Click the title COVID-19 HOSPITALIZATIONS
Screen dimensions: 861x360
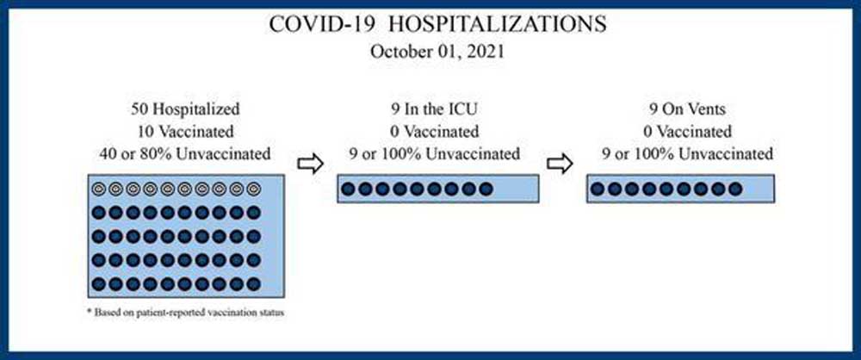[437, 25]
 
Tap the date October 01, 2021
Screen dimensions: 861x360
[437, 53]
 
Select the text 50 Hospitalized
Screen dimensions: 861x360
[186, 109]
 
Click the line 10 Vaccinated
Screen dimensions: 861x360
[186, 132]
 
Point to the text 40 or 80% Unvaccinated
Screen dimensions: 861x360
[186, 154]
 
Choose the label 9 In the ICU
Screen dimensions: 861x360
[434, 109]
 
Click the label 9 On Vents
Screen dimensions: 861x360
[687, 109]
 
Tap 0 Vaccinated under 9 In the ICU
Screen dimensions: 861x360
[434, 132]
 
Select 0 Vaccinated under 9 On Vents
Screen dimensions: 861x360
[687, 132]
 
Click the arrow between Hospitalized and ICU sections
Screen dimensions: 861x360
[310, 164]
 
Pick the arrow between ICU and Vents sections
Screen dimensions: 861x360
[561, 164]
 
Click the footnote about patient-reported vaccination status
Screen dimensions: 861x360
[185, 313]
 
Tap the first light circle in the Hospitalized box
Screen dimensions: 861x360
[98, 189]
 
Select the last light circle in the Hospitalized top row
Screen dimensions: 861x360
[253, 189]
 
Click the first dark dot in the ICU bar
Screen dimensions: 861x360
[348, 189]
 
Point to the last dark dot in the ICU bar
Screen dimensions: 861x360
[486, 189]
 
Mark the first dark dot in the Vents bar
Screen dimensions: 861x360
[598, 189]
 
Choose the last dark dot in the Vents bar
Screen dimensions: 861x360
[735, 189]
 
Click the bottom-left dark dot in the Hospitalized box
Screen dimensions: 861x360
[98, 284]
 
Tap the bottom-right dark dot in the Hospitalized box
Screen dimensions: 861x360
[253, 284]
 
